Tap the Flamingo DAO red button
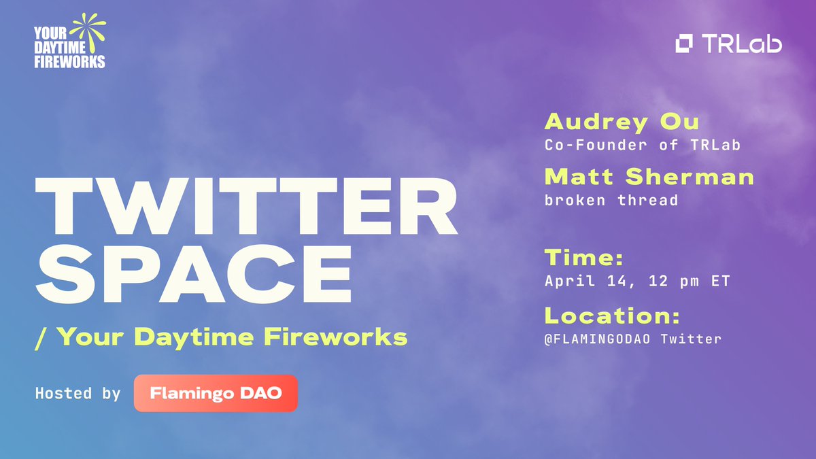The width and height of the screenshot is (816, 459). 216,393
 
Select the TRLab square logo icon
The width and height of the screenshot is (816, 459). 684,44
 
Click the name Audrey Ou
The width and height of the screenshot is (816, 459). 622,122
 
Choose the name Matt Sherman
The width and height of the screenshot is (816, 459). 649,177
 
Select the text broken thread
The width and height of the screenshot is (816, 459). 611,200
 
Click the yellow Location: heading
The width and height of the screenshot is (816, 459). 612,316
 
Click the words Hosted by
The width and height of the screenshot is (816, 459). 78,394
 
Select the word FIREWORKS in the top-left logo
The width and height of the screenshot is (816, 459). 69,62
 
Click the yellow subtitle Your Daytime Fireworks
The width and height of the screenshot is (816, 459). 232,336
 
